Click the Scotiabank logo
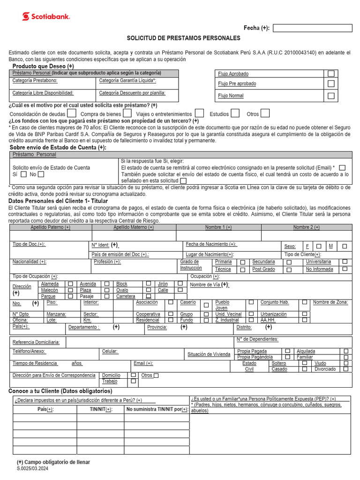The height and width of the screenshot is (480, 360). [46, 16]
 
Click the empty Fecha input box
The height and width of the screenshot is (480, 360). [312, 28]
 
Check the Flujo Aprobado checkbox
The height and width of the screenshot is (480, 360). [331, 74]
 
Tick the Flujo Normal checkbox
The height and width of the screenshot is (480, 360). [331, 96]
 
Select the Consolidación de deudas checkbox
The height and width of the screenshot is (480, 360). [71, 113]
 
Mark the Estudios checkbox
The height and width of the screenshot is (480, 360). [235, 113]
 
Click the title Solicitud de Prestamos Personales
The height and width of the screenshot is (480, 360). [183, 38]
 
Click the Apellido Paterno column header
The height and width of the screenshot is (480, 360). [51, 227]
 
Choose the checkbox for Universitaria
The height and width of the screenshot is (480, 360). [345, 262]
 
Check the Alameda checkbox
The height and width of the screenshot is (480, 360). [70, 284]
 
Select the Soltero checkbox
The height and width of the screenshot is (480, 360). [305, 363]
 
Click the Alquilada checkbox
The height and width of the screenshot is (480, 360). [346, 351]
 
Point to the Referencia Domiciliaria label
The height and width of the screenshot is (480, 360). [36, 342]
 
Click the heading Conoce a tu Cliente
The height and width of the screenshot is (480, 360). [60, 391]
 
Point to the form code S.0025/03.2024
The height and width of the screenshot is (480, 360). [32, 469]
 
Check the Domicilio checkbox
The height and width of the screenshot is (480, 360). [134, 375]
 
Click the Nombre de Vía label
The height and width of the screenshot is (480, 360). [210, 285]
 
